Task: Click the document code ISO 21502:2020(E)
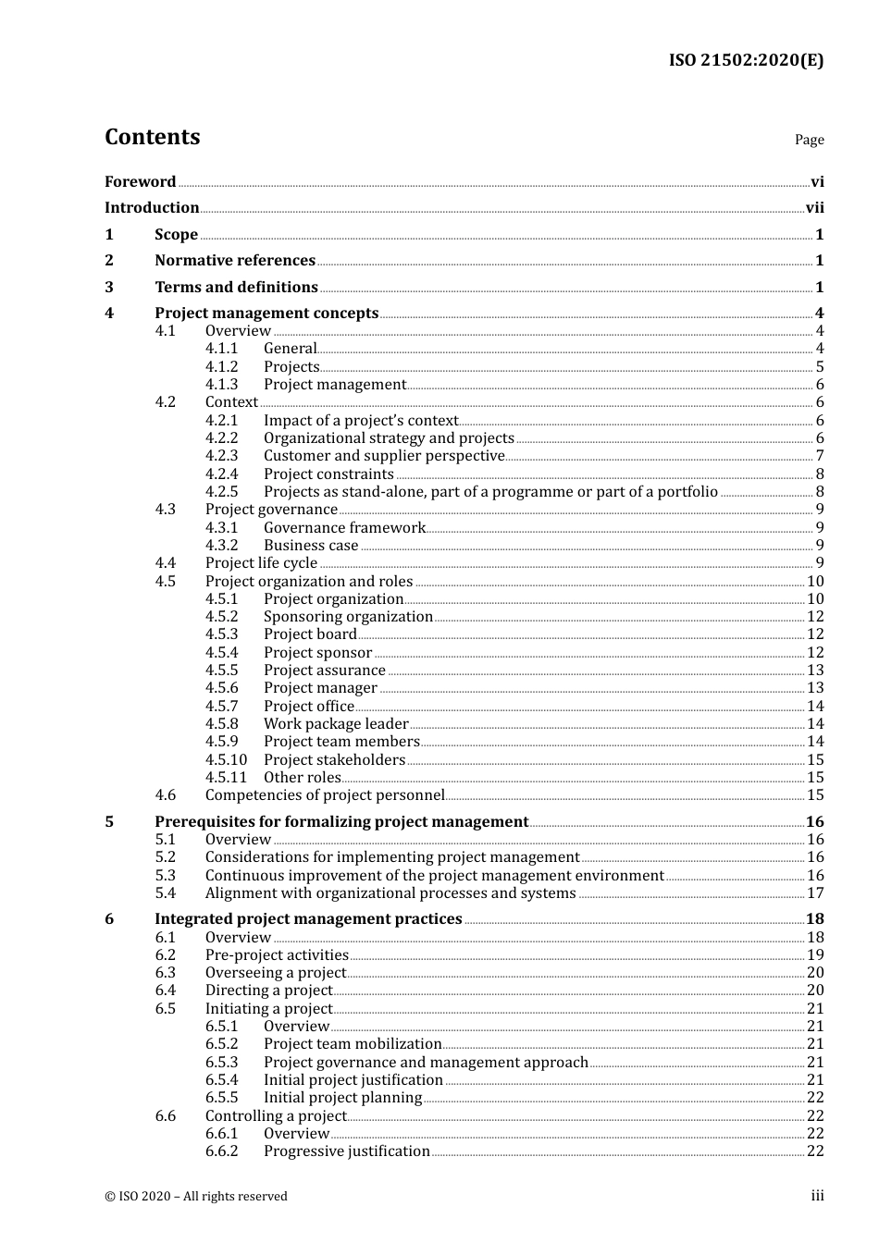(x=746, y=60)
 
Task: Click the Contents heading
(x=152, y=137)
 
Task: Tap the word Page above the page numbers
(x=809, y=140)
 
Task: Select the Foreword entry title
(x=140, y=182)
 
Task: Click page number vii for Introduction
(x=814, y=208)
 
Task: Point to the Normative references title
(x=235, y=261)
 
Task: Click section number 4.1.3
(x=222, y=385)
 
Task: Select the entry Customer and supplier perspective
(x=384, y=456)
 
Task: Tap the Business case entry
(x=311, y=546)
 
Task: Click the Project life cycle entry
(x=261, y=563)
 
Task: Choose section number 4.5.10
(x=226, y=760)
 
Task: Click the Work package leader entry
(x=336, y=724)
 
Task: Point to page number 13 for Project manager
(x=815, y=688)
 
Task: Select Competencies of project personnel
(x=325, y=795)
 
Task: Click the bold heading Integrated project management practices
(x=308, y=919)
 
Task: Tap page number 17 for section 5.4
(x=815, y=893)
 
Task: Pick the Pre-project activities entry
(x=277, y=955)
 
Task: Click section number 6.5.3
(x=222, y=1063)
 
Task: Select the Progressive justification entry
(x=347, y=1151)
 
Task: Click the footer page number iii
(x=817, y=1196)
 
